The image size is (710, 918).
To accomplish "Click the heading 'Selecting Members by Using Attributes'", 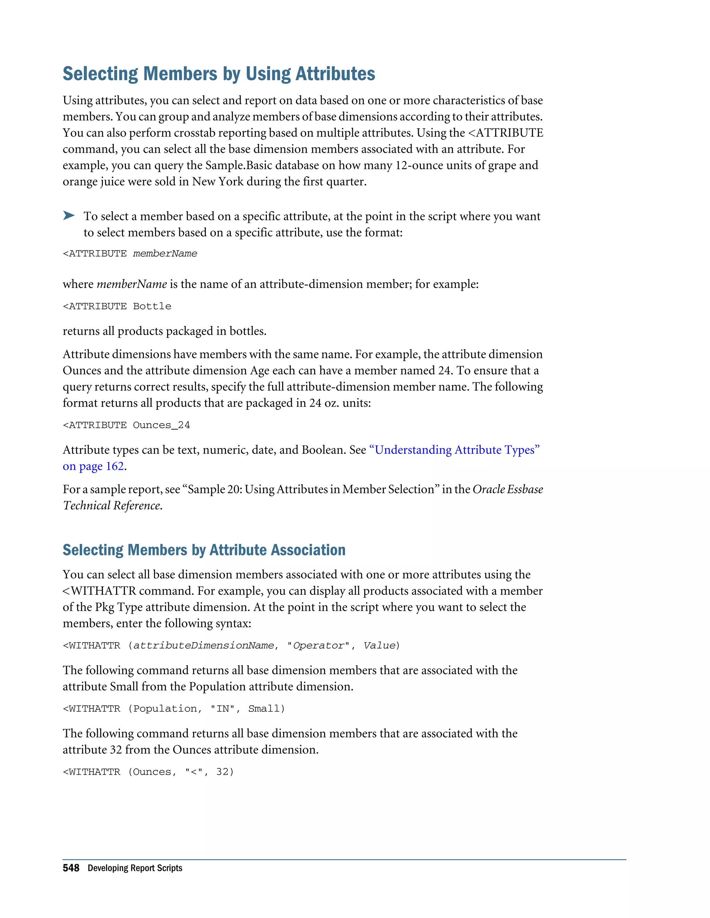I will tap(219, 74).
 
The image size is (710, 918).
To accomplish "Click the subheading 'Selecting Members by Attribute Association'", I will tap(204, 550).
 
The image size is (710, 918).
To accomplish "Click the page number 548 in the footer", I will tap(71, 868).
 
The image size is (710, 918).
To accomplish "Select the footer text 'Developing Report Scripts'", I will tap(135, 868).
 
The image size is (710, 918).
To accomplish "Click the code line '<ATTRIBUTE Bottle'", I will tap(117, 307).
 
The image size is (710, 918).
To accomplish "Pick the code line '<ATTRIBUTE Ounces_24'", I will tap(126, 425).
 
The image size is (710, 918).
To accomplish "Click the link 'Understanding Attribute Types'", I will tap(454, 450).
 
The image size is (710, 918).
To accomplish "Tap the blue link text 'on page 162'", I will tap(93, 467).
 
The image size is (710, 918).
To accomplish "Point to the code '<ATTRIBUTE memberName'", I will tap(130, 254).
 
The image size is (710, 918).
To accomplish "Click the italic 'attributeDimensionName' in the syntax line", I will tap(204, 646).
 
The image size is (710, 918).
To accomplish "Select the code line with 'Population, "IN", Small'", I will tap(174, 709).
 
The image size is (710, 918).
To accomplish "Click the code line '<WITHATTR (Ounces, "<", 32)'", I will tap(148, 772).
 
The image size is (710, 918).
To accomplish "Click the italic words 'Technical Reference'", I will tap(112, 506).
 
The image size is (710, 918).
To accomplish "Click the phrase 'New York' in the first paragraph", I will tap(218, 182).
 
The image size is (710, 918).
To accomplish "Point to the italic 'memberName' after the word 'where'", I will tap(132, 284).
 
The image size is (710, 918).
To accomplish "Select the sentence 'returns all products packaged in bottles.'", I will tap(164, 331).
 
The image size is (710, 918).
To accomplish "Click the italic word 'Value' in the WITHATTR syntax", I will tap(379, 646).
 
